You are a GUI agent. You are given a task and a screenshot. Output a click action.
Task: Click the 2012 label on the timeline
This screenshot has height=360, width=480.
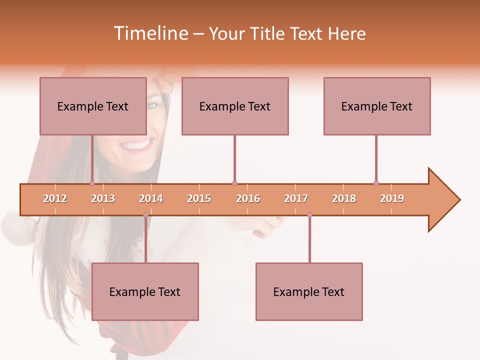[x=55, y=198]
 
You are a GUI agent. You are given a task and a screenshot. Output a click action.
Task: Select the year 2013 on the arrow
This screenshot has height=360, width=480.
[x=103, y=198]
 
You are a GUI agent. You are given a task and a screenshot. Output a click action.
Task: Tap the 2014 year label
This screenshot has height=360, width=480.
[x=151, y=198]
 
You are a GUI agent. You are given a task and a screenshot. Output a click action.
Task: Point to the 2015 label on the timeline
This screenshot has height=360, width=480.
[x=199, y=198]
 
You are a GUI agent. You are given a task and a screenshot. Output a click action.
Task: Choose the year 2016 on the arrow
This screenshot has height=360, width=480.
[x=248, y=198]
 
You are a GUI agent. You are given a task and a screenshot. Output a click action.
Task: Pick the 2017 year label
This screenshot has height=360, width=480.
[x=296, y=198]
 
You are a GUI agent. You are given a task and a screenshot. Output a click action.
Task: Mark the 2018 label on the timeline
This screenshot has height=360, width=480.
[x=344, y=198]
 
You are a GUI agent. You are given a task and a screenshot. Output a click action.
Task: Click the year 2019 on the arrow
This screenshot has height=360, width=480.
[x=392, y=198]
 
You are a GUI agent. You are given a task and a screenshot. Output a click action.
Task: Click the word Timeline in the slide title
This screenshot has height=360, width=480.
[x=150, y=33]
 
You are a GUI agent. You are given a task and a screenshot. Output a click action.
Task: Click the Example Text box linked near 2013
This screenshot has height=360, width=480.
[x=93, y=106]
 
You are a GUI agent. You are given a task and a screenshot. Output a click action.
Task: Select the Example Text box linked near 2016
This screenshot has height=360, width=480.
[x=235, y=106]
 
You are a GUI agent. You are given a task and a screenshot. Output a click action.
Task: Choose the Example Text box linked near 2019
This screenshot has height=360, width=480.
[x=377, y=106]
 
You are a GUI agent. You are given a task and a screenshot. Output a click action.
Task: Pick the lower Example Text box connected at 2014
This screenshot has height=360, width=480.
[x=145, y=291]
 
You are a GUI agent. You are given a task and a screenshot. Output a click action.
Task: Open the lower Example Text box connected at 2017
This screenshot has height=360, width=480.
[x=309, y=291]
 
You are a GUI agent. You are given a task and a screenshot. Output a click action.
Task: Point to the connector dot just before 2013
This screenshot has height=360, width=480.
[x=92, y=183]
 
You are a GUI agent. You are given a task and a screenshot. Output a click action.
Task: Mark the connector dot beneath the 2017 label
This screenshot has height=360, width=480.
[x=309, y=215]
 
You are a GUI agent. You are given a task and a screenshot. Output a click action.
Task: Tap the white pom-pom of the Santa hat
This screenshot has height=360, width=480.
[x=15, y=227]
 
